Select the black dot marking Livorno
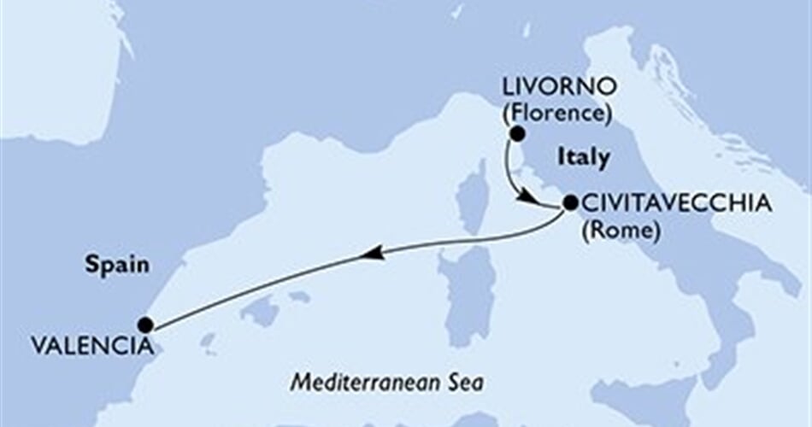516,133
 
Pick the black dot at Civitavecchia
569,203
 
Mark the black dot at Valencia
145,325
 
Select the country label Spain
117,265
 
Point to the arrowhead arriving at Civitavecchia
530,200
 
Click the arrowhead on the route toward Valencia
369,254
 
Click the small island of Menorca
299,296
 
